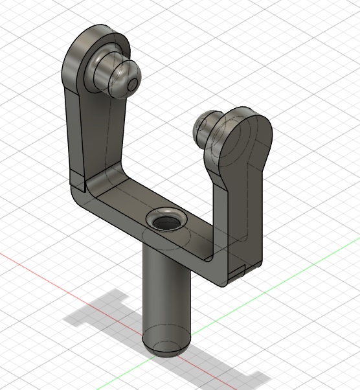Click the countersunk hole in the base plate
coord(164,222)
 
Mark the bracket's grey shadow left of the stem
coord(104,317)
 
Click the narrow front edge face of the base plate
coord(149,243)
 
